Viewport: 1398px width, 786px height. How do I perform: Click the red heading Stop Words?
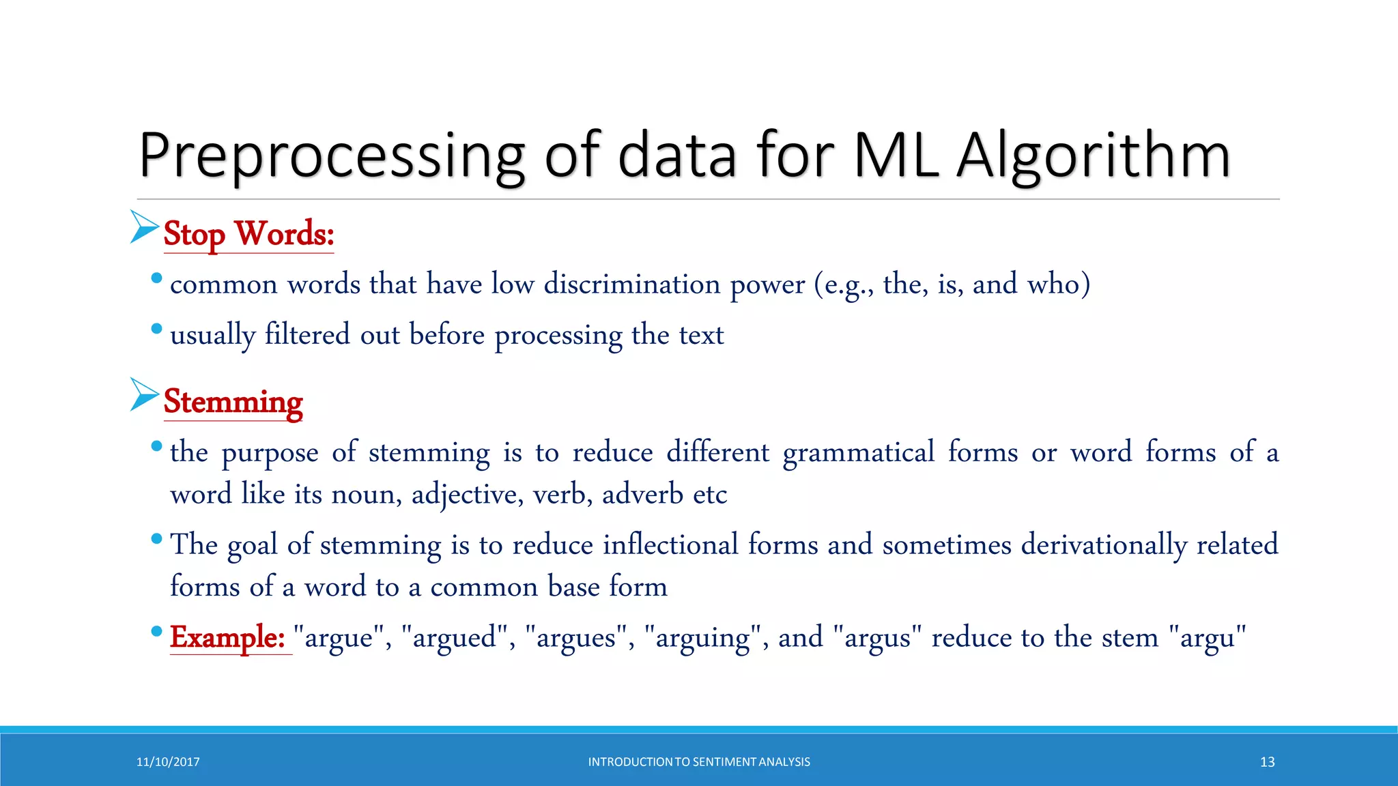248,234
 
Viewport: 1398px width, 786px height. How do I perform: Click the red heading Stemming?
233,402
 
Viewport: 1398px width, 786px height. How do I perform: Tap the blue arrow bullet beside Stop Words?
144,227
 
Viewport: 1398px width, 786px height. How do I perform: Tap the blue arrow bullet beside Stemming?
144,394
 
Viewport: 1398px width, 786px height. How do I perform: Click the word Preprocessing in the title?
332,156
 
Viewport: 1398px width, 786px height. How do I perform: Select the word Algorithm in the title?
1094,156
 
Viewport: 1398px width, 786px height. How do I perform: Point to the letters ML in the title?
896,156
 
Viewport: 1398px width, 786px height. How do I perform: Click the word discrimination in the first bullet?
631,284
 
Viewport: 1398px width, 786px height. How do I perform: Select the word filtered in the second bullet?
307,334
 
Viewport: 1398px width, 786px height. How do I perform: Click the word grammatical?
859,452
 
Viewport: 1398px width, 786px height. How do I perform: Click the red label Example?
227,637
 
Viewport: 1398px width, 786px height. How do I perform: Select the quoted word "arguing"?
702,637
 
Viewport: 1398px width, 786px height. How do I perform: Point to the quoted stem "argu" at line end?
1207,637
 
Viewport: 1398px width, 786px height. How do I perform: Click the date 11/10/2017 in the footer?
168,762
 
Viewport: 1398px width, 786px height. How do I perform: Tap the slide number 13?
1267,762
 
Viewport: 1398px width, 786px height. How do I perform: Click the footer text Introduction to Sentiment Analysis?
699,762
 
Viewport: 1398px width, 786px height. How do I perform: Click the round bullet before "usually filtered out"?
156,329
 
